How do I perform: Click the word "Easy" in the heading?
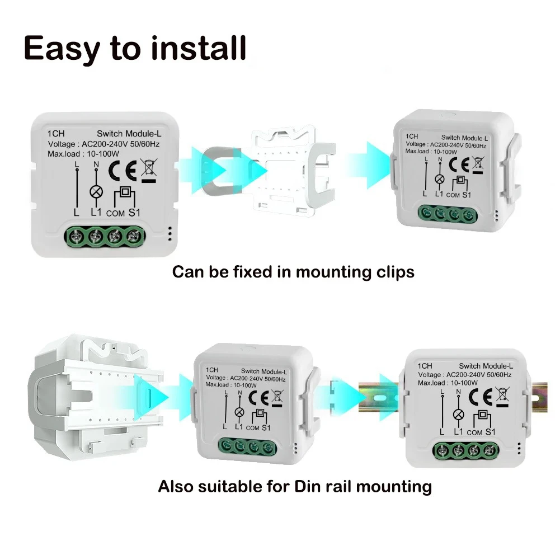(62, 49)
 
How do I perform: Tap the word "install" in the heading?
(199, 48)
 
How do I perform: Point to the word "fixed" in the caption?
(253, 272)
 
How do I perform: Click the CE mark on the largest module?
(123, 171)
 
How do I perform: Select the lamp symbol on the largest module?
(96, 192)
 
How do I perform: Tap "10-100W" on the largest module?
(103, 154)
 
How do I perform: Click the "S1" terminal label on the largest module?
(134, 213)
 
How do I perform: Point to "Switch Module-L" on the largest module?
(129, 134)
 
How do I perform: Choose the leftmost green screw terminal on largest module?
(77, 236)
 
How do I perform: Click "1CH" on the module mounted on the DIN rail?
(425, 366)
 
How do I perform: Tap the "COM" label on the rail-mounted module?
(474, 433)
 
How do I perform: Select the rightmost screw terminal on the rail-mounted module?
(488, 451)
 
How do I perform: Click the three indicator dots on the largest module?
(170, 233)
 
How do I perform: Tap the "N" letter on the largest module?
(96, 164)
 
